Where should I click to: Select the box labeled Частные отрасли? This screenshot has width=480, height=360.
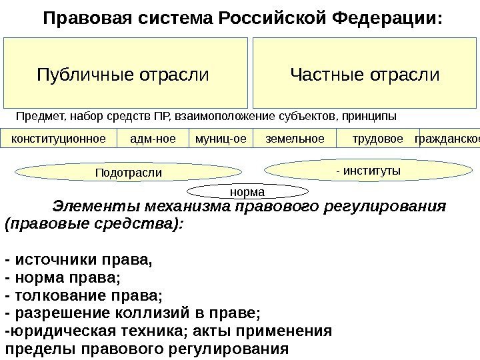(x=365, y=73)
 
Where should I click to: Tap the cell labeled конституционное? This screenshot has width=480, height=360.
(x=59, y=139)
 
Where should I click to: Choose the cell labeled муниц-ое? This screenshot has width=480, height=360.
(x=221, y=139)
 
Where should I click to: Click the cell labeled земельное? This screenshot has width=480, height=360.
(x=295, y=139)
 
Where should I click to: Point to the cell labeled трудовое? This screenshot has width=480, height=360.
(x=377, y=139)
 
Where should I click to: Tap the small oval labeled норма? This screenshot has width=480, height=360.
(x=246, y=192)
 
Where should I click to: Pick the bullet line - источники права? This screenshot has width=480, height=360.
(x=78, y=259)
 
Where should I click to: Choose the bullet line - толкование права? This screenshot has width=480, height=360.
(x=83, y=294)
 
